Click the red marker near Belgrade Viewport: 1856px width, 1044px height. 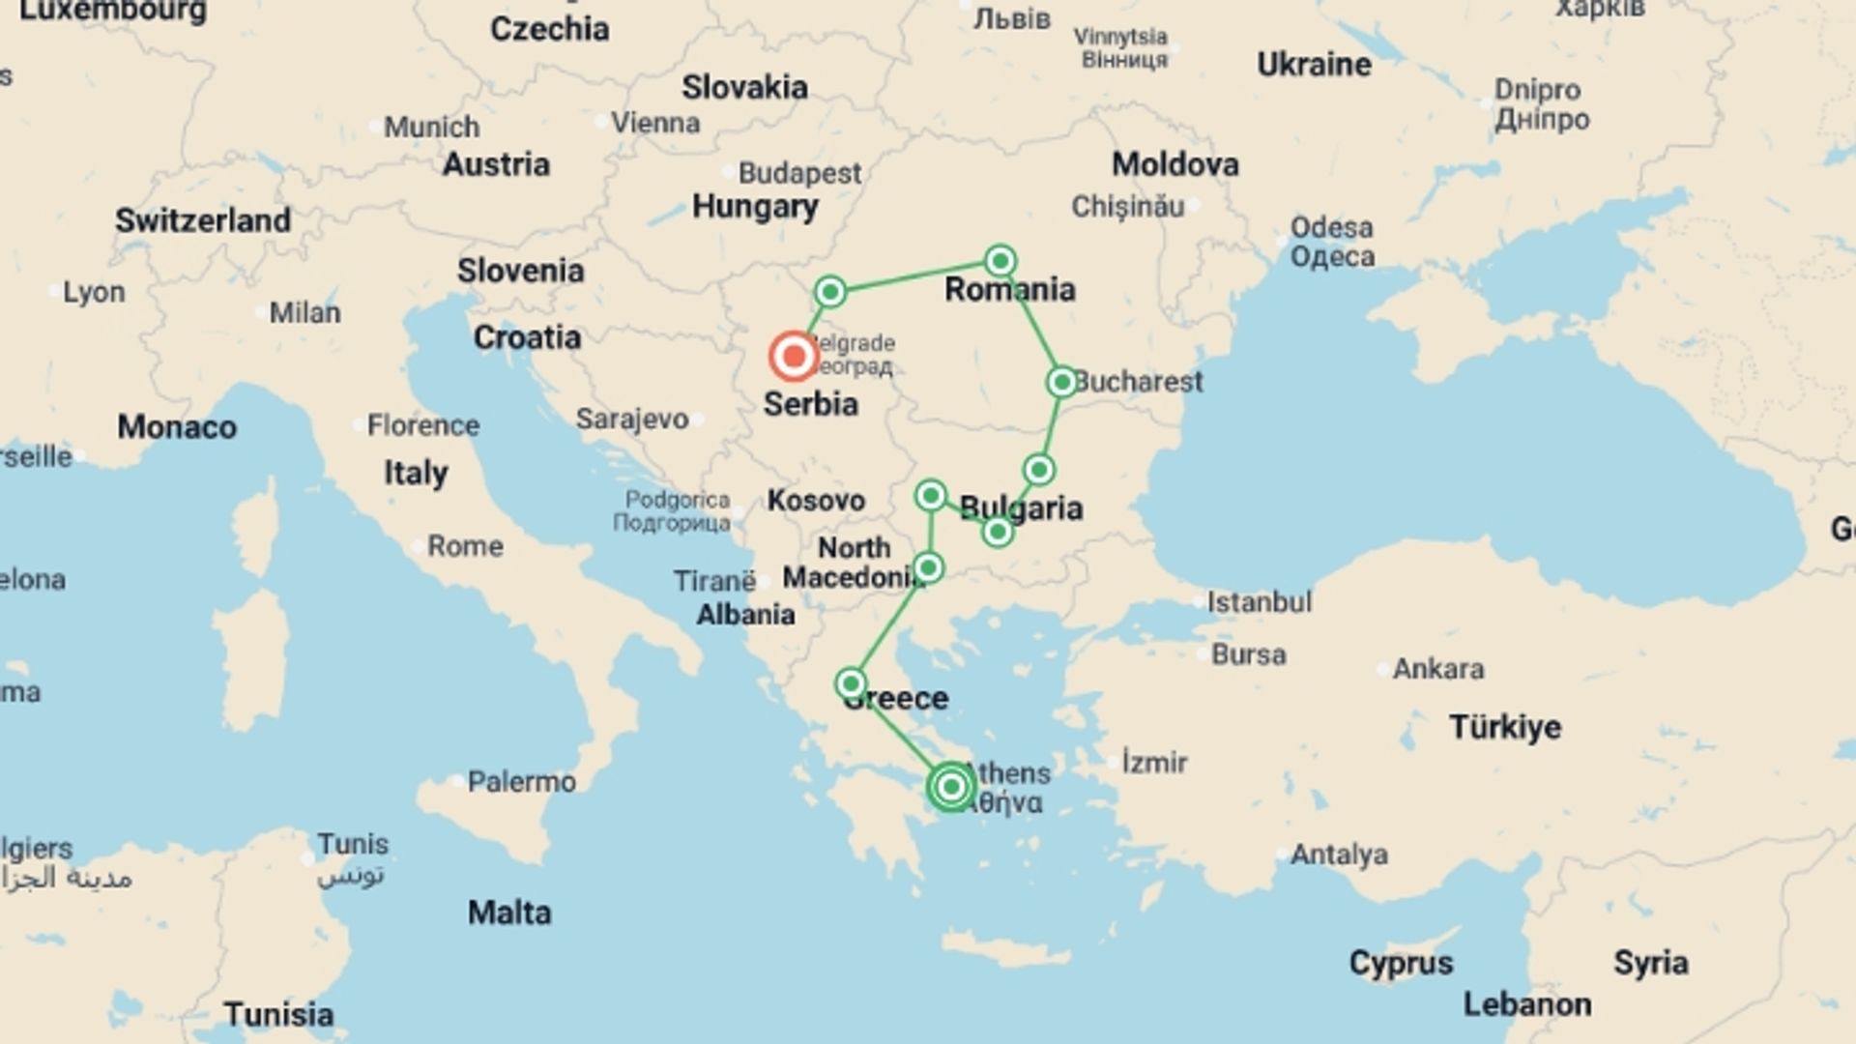[794, 356]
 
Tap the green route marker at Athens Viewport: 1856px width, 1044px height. [951, 787]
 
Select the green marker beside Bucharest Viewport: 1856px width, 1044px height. [1061, 382]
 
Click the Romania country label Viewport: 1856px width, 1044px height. [1009, 289]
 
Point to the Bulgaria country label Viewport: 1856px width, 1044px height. [1021, 508]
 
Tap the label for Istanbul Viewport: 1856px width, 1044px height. [1259, 602]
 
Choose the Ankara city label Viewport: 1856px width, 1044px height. [1437, 669]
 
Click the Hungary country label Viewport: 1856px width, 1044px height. [755, 207]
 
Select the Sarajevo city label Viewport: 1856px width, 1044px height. [632, 419]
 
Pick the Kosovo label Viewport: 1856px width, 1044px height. [816, 501]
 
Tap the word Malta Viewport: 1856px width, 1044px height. [509, 913]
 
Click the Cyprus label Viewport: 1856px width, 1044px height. [1401, 963]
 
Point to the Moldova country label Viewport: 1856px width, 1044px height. [1174, 164]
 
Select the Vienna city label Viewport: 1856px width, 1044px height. [655, 124]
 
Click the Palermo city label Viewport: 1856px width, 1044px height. [521, 781]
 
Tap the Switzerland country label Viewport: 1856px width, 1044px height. [203, 220]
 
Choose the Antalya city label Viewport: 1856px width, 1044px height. [1339, 855]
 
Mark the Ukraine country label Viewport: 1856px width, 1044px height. [1314, 65]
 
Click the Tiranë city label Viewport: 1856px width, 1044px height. [714, 581]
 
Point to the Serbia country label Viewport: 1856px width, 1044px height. [810, 404]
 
